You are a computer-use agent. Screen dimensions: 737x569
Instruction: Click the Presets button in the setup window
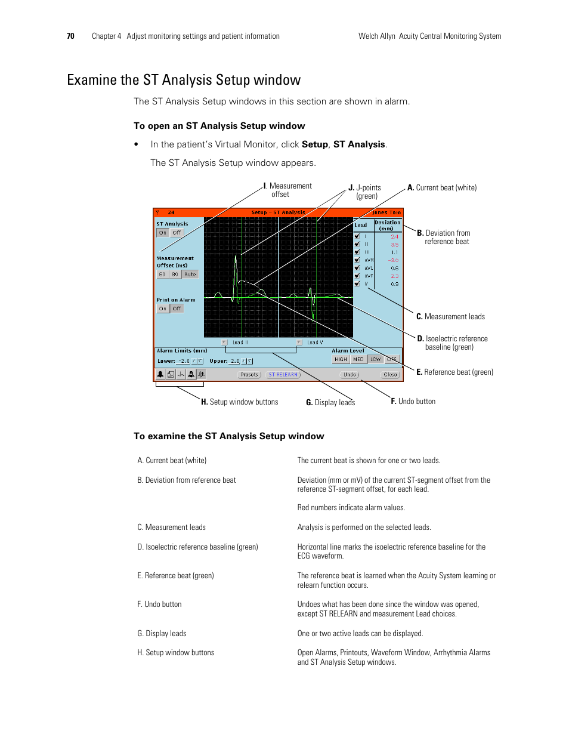click(x=250, y=375)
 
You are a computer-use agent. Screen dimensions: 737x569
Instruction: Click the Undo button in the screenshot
click(x=350, y=375)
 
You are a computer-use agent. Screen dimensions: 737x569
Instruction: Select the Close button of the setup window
click(x=390, y=375)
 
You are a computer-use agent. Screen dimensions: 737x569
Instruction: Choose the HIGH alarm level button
click(x=341, y=359)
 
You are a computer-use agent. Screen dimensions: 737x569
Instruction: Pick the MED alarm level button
click(x=358, y=359)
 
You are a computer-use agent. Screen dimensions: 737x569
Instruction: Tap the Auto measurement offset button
click(x=190, y=275)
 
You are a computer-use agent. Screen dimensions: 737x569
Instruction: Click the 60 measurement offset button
click(x=162, y=275)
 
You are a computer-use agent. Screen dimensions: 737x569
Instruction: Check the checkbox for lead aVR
click(x=357, y=260)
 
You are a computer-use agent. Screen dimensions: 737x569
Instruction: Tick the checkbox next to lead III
click(x=357, y=252)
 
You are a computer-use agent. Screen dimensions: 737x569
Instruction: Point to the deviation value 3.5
click(x=394, y=245)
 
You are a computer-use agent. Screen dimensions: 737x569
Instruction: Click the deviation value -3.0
click(x=393, y=260)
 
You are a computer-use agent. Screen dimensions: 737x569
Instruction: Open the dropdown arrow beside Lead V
click(x=299, y=343)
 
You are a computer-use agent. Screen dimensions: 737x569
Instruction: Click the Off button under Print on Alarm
click(x=177, y=309)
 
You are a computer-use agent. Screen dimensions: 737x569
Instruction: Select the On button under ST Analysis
click(x=163, y=233)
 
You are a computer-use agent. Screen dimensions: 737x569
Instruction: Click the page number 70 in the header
click(x=70, y=36)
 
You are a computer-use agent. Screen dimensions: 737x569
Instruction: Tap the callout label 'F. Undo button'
click(x=413, y=402)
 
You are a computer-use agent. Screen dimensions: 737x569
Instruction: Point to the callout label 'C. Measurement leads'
click(x=450, y=317)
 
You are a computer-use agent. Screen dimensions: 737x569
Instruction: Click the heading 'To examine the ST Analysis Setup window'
click(x=229, y=436)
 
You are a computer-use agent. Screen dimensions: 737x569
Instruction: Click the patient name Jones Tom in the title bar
click(x=386, y=212)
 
